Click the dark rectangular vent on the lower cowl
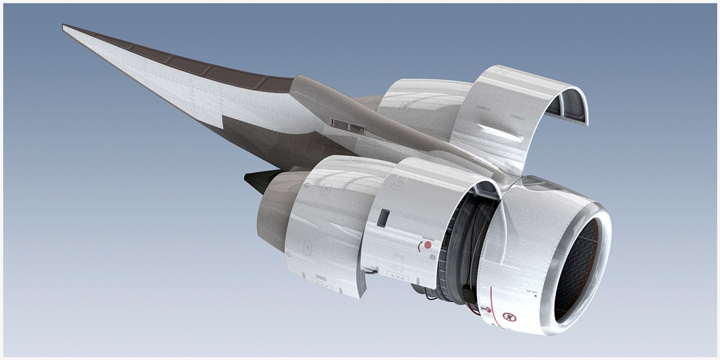384,218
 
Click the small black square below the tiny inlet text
536,295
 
